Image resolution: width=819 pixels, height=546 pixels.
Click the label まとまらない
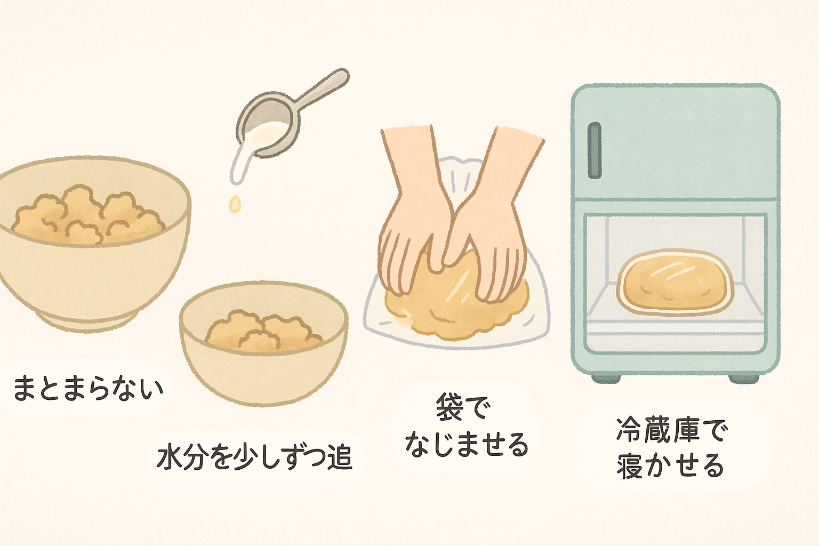tap(88, 388)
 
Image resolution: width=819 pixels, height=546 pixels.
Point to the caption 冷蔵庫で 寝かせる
tap(670, 449)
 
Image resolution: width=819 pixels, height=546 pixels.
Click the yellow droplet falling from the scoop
tap(235, 204)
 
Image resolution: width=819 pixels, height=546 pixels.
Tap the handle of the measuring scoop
tap(322, 89)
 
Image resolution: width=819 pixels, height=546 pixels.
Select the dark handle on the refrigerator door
tap(594, 150)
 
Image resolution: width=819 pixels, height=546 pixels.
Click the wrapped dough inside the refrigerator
tap(676, 282)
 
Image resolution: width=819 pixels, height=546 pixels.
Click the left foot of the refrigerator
tap(606, 378)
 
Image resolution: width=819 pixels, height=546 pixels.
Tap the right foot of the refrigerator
tap(743, 378)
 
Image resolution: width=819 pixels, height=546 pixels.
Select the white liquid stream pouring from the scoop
tap(240, 160)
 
